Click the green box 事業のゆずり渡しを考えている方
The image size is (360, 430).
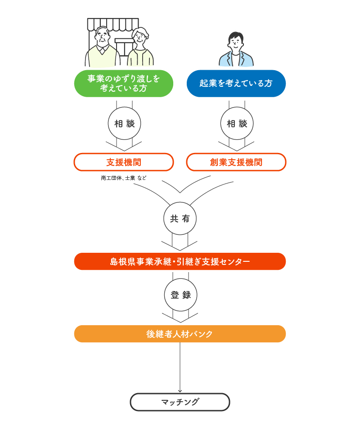124,84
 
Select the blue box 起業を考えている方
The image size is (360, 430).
236,84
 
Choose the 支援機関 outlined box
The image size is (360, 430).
124,162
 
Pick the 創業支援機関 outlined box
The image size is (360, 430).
236,162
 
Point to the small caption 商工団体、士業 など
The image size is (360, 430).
124,178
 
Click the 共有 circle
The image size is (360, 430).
180,219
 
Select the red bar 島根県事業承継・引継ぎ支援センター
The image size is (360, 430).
180,261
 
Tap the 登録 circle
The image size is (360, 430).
181,295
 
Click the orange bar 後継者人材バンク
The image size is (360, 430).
180,334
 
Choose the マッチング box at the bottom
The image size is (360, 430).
180,402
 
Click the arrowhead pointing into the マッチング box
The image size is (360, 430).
180,390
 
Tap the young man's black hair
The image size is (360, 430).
235,36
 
